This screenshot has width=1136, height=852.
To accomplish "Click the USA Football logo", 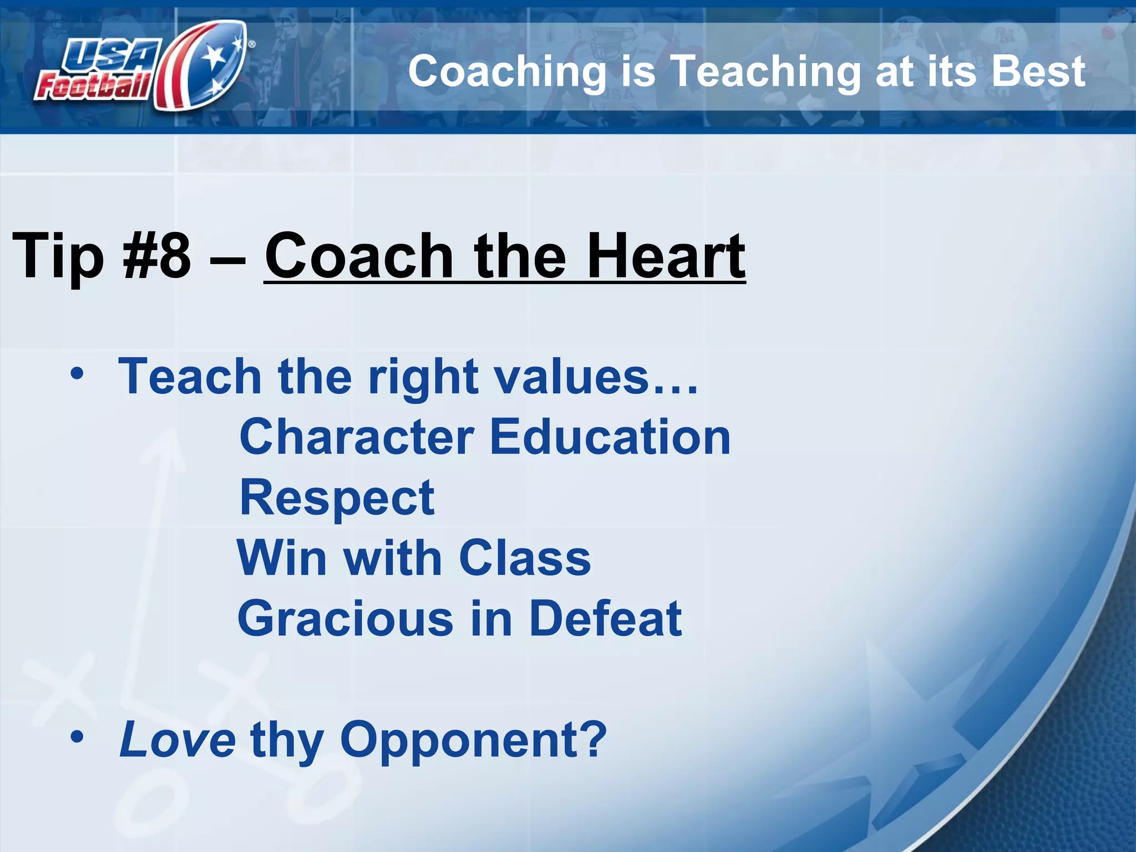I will [141, 67].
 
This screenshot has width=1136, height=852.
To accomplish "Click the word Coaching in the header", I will [507, 72].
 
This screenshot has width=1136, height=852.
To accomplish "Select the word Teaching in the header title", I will [766, 73].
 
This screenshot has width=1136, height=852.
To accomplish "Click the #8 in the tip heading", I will [157, 256].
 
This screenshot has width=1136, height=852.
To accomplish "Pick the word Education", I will [610, 437].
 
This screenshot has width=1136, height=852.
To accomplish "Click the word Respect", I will [337, 498].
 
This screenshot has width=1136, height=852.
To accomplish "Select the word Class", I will [524, 558].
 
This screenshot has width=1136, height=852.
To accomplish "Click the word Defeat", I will [605, 618].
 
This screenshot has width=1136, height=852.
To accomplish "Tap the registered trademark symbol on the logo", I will [252, 44].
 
